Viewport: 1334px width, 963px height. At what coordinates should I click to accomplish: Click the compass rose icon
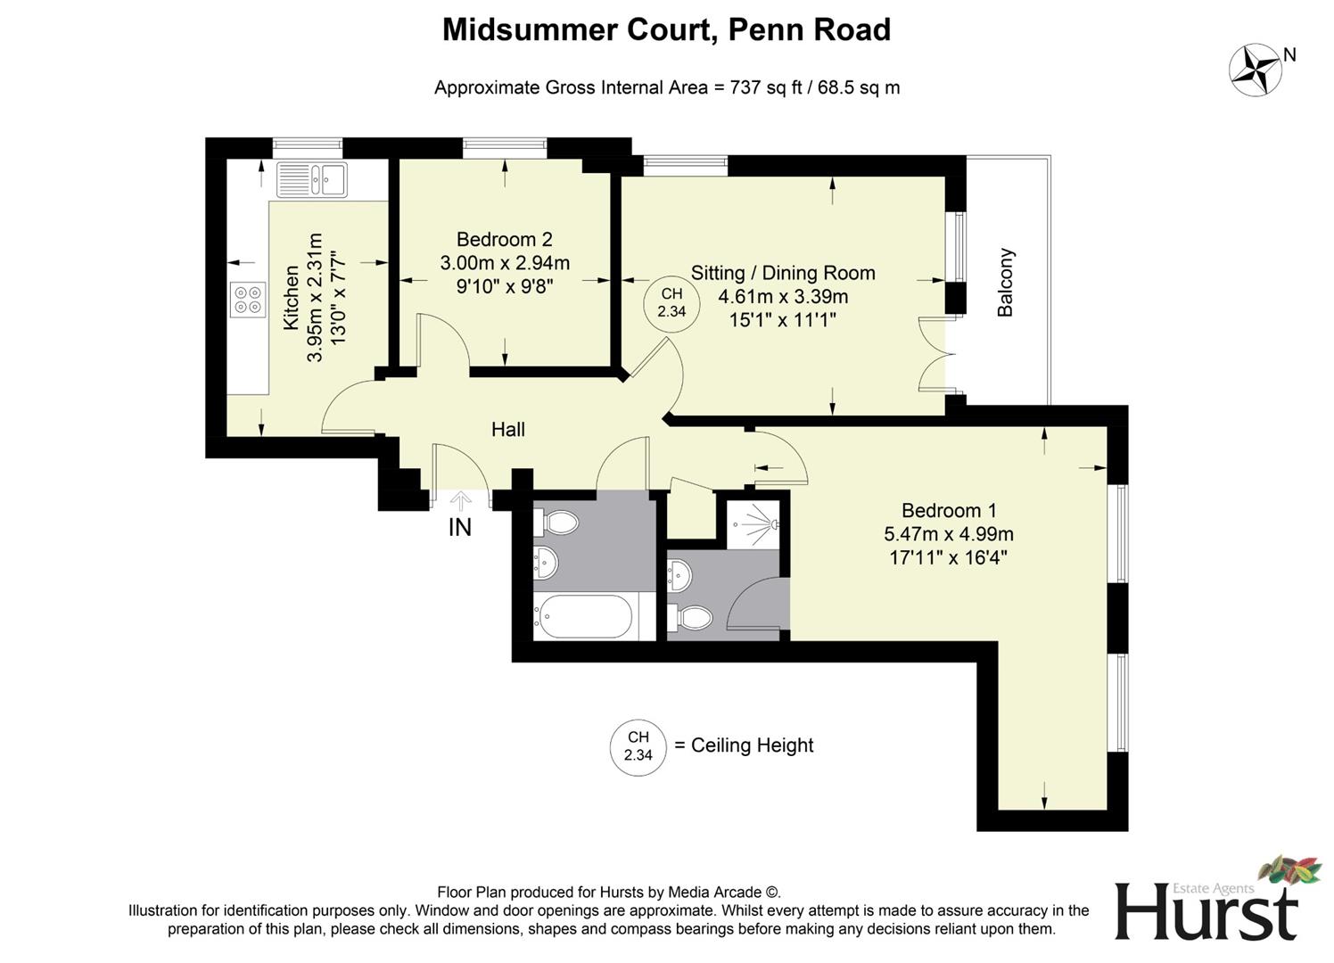point(1256,70)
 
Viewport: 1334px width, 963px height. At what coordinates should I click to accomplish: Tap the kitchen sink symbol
point(311,179)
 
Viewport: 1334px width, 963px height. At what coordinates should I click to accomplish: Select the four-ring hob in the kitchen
point(248,300)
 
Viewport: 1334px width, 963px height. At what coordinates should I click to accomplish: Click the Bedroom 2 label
point(504,239)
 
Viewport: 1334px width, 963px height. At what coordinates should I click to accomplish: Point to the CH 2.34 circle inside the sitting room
point(671,302)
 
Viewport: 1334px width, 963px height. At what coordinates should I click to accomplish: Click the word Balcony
point(1005,283)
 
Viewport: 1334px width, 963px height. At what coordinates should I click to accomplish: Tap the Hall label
point(507,429)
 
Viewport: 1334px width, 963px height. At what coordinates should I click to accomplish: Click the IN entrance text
point(459,527)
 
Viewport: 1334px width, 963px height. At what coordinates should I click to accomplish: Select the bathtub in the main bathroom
point(583,616)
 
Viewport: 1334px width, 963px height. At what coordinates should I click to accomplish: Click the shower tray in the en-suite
point(753,523)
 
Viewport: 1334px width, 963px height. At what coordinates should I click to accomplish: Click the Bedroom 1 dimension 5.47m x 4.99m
point(948,534)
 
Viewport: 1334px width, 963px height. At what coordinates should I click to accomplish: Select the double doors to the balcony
point(935,355)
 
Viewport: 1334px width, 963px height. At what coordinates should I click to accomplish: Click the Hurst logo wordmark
point(1206,911)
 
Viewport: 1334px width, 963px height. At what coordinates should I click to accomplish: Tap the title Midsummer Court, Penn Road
point(666,29)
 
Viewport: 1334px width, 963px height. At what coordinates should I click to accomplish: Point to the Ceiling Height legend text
point(752,745)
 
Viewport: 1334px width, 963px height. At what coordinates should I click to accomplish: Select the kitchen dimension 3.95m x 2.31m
point(314,298)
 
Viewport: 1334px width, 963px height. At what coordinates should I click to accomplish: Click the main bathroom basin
point(547,562)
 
